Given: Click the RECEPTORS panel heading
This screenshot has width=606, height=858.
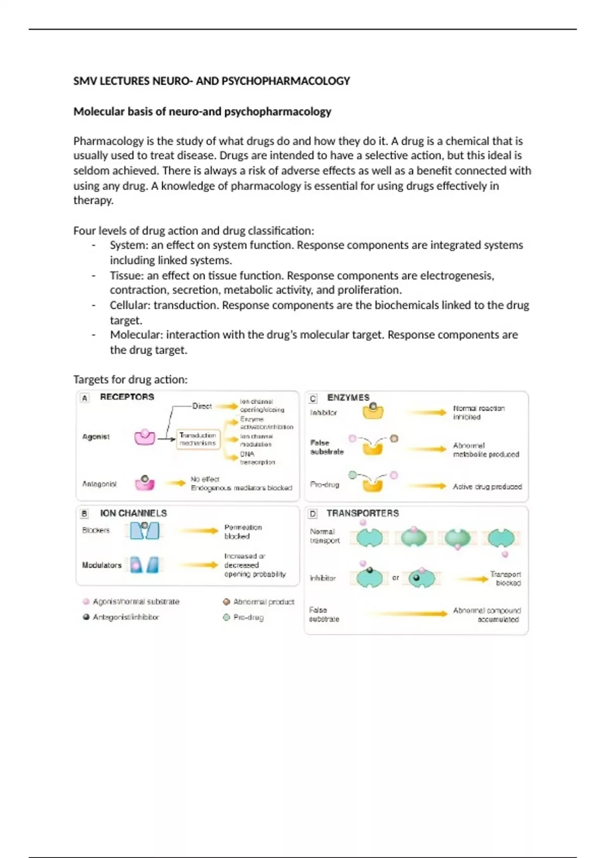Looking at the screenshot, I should pos(127,397).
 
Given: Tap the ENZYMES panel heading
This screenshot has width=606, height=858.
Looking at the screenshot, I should pos(348,397).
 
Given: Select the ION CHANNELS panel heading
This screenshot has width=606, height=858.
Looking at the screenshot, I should pos(133,513).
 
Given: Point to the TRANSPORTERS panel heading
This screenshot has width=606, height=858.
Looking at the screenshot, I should pos(363,513).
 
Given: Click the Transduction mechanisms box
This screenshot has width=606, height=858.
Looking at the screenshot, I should pos(198,439).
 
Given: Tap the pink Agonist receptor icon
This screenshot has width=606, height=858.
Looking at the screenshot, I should pos(144,437).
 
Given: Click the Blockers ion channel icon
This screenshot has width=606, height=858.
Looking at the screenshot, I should pos(144,530).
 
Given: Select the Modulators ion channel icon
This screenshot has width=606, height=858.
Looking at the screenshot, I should pos(144,565).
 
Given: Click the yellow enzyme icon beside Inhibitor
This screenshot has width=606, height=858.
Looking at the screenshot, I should pos(373,411).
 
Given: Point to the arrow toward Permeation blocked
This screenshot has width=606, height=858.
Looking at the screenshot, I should pos(199,530).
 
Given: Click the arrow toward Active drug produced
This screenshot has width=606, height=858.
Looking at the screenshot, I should pos(427,486).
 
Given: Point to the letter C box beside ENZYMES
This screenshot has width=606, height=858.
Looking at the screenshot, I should pos(313,398).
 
